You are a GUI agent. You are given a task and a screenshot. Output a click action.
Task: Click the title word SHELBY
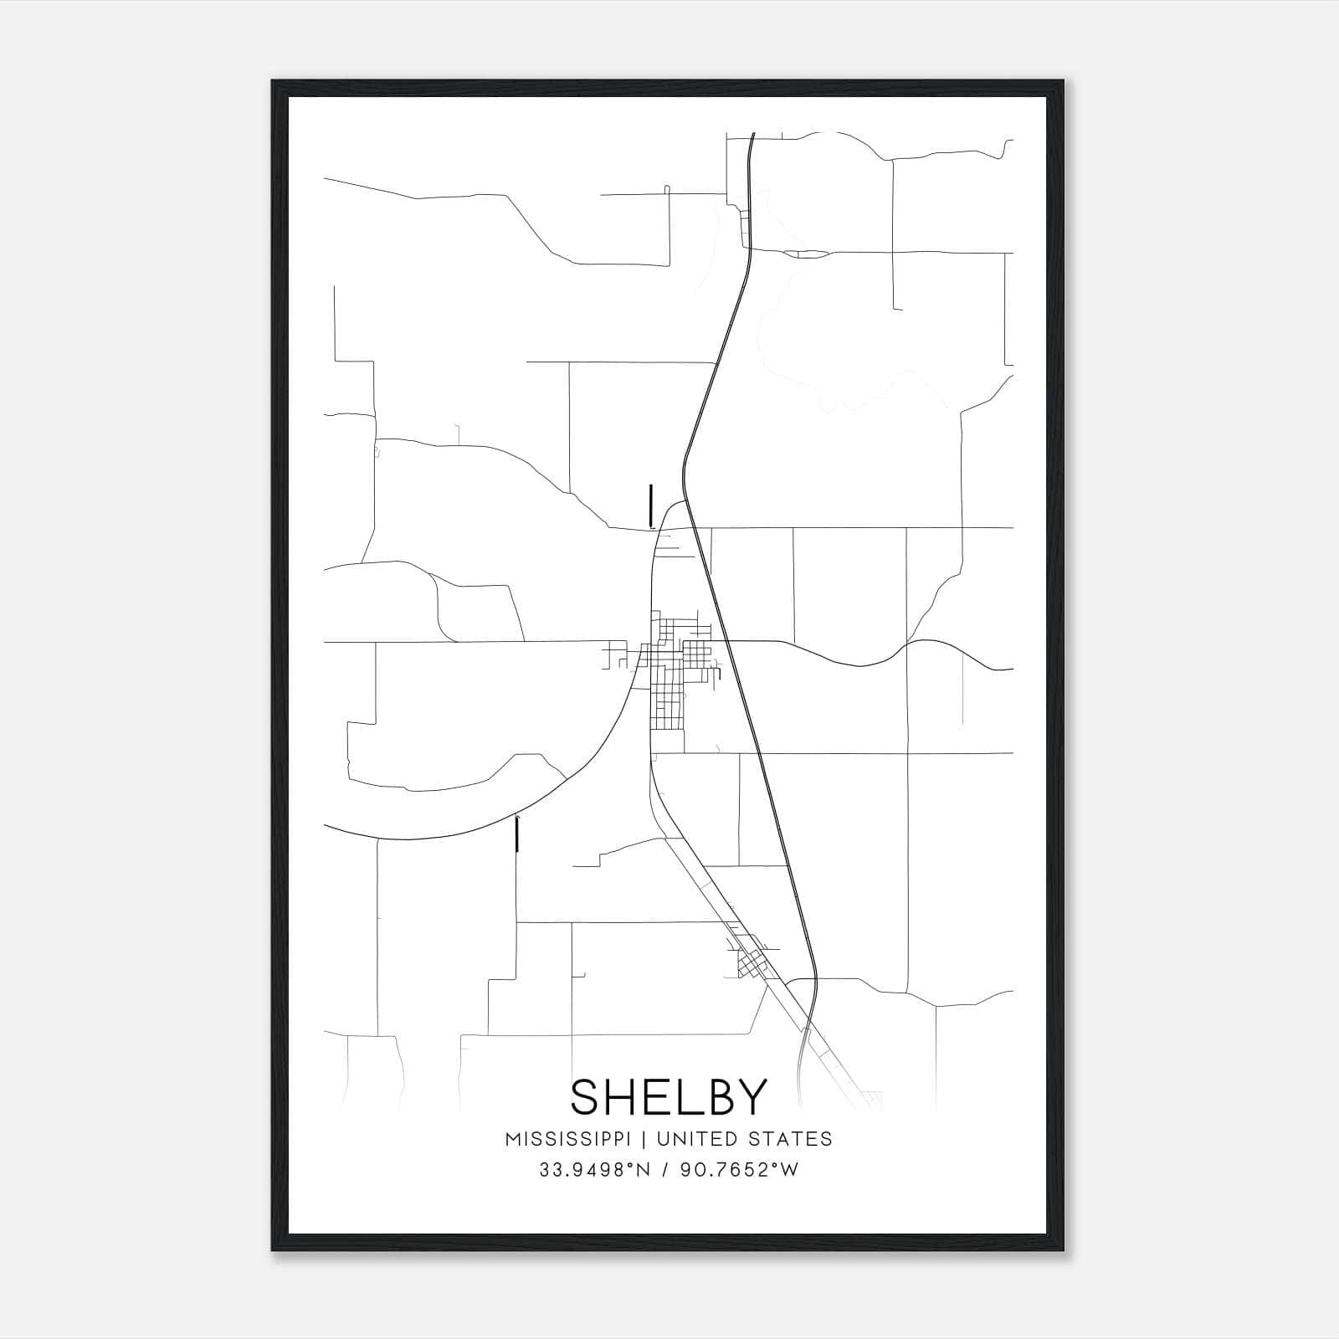pyautogui.click(x=669, y=1097)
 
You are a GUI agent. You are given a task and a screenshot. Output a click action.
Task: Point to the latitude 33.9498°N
pyautogui.click(x=594, y=1169)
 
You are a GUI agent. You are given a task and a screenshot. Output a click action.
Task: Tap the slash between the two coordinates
pyautogui.click(x=664, y=1169)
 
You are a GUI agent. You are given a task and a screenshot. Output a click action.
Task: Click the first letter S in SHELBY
pyautogui.click(x=585, y=1097)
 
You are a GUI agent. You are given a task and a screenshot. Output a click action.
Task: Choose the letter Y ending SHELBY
pyautogui.click(x=752, y=1097)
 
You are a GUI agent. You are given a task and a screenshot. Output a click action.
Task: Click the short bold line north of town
pyautogui.click(x=650, y=505)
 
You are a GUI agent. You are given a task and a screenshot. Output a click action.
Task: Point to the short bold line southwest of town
pyautogui.click(x=518, y=834)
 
